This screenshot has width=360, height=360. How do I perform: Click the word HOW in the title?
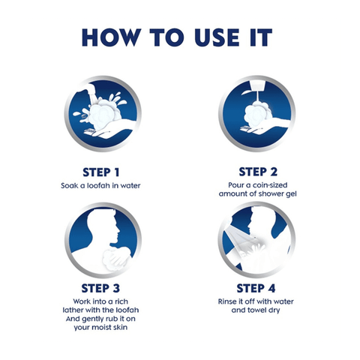tap(111, 37)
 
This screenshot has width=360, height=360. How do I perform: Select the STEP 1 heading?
tap(101, 172)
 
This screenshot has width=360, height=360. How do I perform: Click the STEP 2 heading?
tap(258, 172)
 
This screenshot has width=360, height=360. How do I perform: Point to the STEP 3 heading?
tap(100, 288)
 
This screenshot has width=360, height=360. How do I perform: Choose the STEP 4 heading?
tap(256, 288)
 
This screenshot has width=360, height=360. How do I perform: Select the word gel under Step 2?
tap(292, 194)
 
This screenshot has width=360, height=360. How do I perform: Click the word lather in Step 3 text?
tap(73, 310)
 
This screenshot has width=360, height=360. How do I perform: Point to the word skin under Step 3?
tap(120, 327)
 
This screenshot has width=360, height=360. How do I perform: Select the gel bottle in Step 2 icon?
tap(256, 86)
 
